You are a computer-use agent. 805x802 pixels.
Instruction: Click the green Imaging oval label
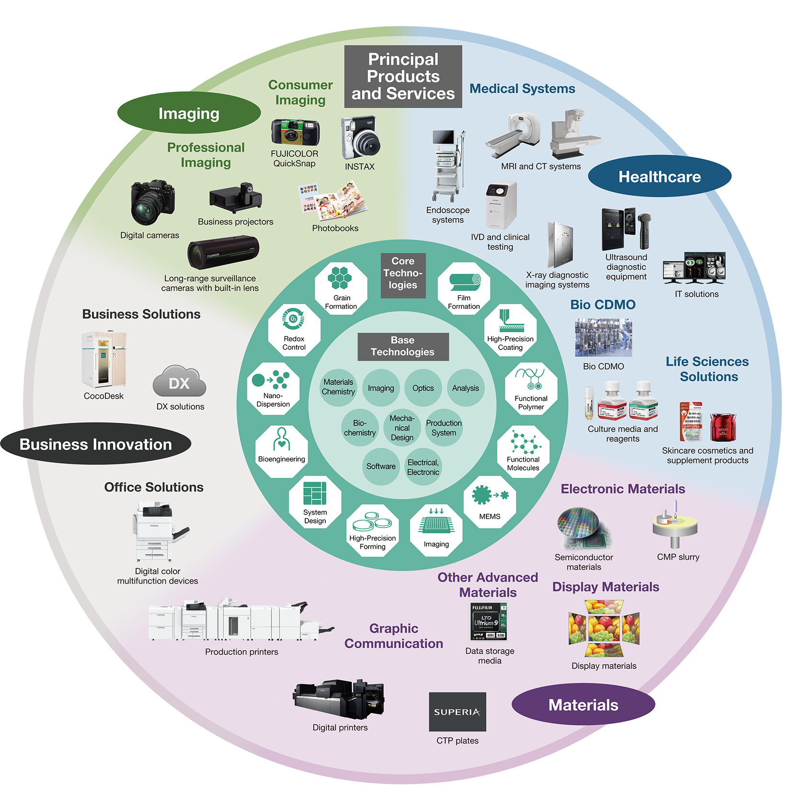pos(189,113)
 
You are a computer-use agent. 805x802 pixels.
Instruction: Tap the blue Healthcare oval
pos(659,176)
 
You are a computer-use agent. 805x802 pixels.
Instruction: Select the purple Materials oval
pos(583,704)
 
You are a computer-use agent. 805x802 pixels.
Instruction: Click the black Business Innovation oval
pos(95,444)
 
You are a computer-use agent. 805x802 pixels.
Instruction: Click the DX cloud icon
pos(179,382)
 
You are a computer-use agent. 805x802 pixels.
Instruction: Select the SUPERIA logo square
pos(457,712)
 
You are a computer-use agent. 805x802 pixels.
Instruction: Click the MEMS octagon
pos(489,502)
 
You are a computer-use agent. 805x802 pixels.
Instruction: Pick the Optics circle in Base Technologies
pos(423,388)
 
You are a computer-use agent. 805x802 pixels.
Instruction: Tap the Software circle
pos(381,466)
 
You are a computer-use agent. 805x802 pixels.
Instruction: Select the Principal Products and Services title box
pos(403,77)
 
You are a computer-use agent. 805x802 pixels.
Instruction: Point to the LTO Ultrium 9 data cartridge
pos(488,621)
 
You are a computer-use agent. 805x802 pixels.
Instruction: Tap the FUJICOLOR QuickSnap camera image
pos(295,132)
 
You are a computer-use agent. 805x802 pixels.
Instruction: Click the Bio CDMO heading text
pos(602,305)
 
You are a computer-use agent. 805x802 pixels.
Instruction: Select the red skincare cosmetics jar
pos(722,427)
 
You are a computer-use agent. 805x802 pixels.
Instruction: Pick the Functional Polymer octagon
pos(531,388)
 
